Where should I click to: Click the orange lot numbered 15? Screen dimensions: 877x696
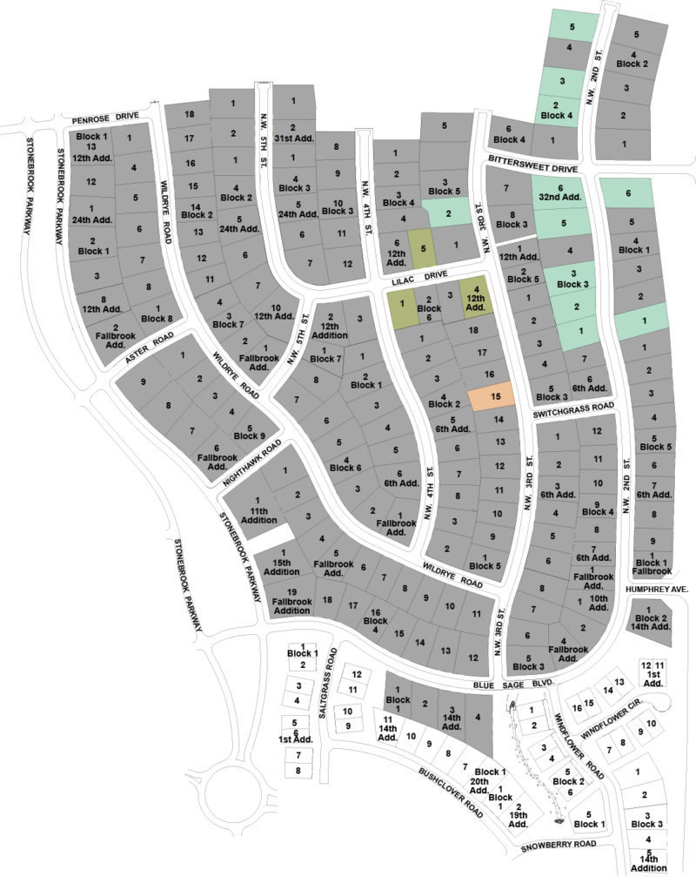click(492, 397)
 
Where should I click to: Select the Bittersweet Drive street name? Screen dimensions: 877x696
click(533, 163)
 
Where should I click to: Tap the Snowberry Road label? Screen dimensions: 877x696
click(559, 845)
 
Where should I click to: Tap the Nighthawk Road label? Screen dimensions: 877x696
click(252, 462)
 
